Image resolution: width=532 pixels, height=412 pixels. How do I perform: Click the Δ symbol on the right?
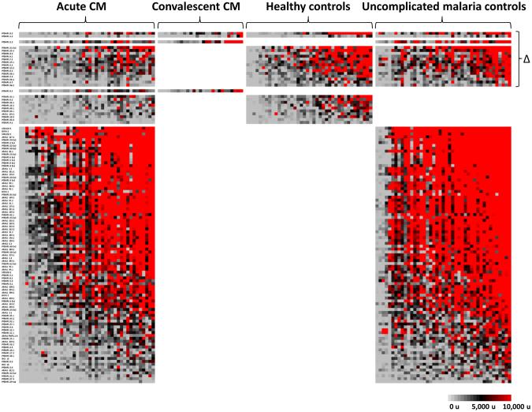[x=526, y=58]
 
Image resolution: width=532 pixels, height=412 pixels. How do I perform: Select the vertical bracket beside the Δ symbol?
[x=516, y=58]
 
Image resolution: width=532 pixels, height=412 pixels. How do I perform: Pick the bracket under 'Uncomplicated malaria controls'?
[x=442, y=23]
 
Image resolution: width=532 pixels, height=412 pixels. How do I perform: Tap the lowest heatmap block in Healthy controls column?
[x=308, y=109]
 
